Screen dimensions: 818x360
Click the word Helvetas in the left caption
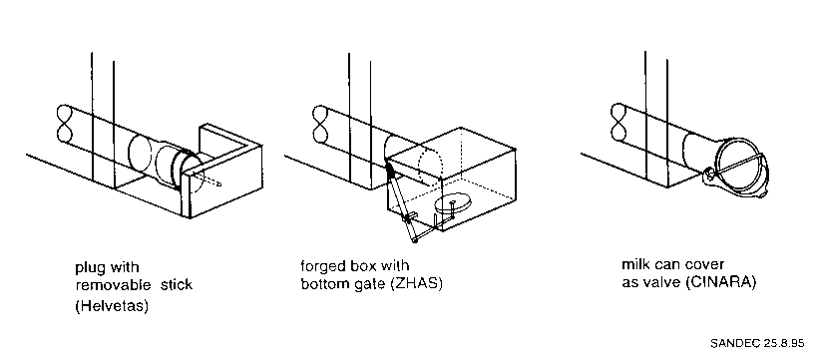click(x=112, y=306)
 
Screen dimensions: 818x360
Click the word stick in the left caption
click(x=177, y=285)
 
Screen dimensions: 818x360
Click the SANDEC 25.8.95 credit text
click(x=757, y=343)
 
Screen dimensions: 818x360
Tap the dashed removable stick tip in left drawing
click(x=219, y=183)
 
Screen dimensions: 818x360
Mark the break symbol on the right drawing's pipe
click(x=619, y=122)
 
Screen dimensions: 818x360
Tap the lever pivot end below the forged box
click(x=415, y=241)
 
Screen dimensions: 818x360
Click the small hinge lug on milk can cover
click(x=709, y=174)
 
